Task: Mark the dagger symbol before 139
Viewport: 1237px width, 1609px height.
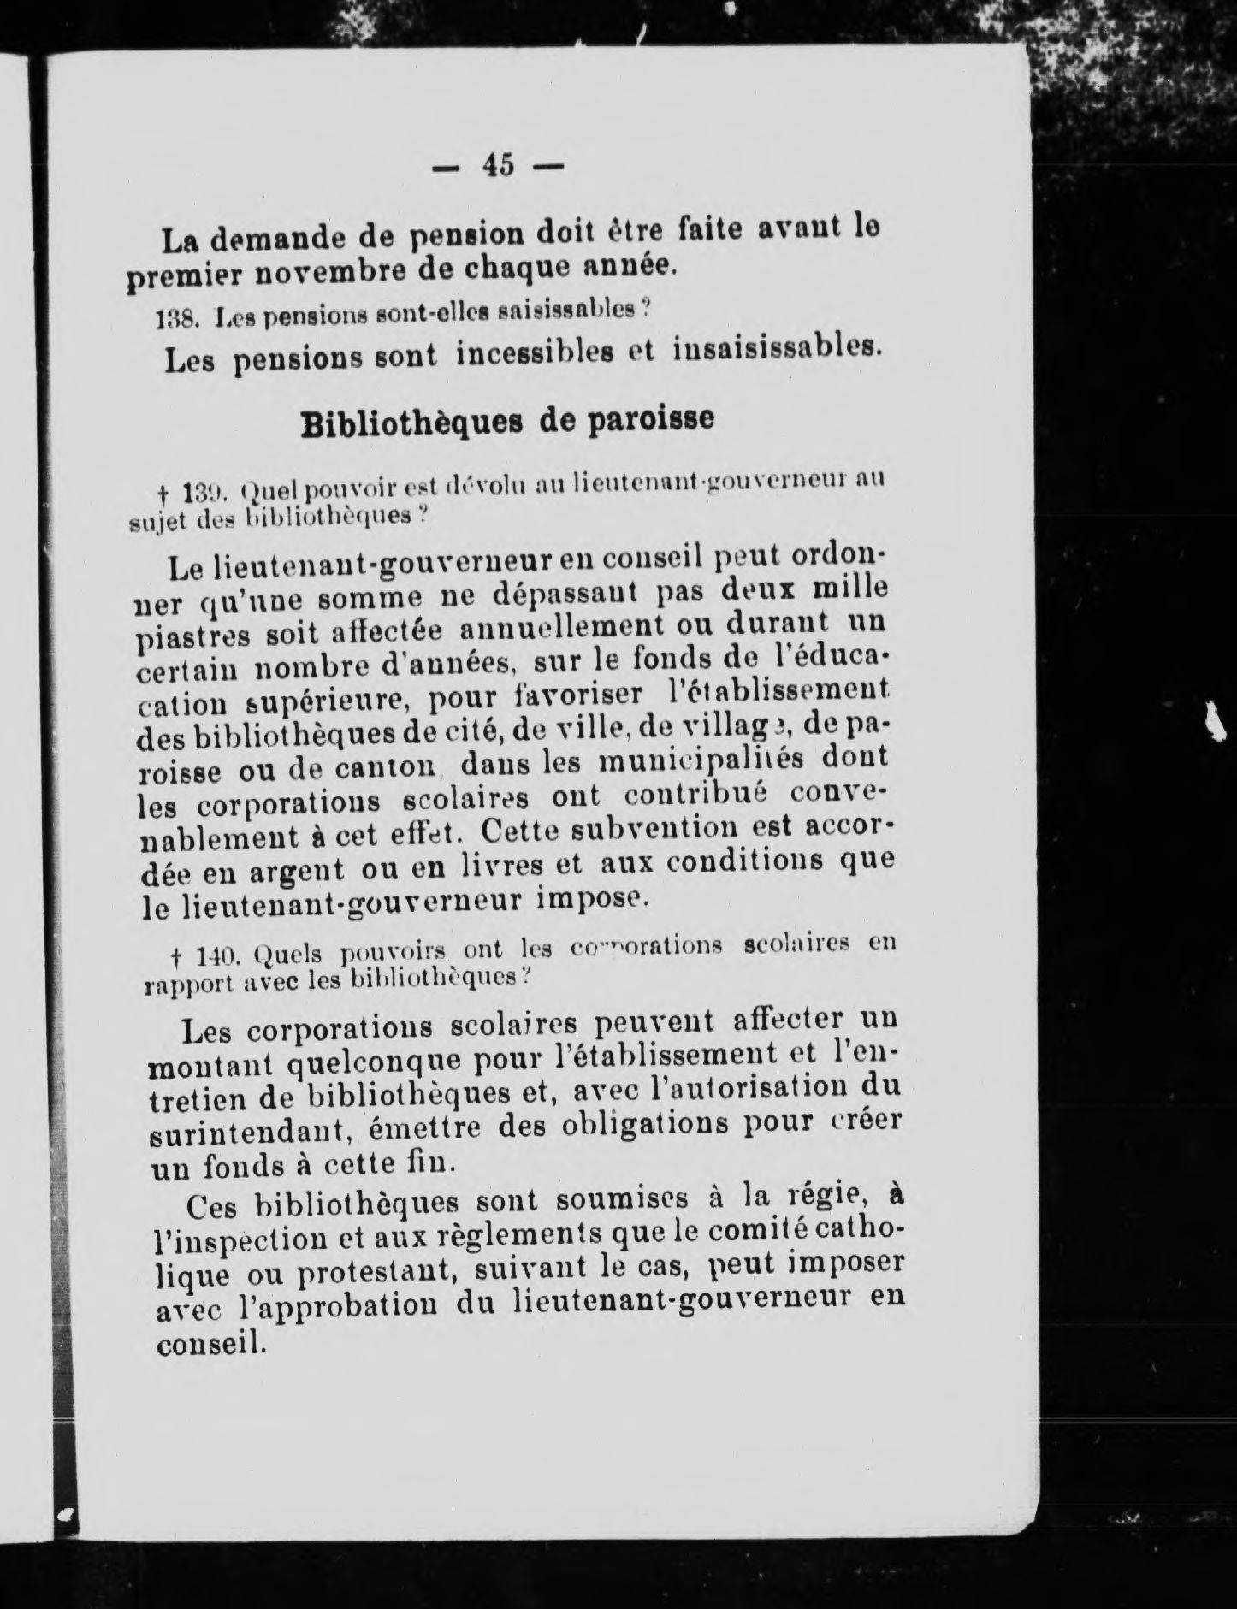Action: coord(163,494)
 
